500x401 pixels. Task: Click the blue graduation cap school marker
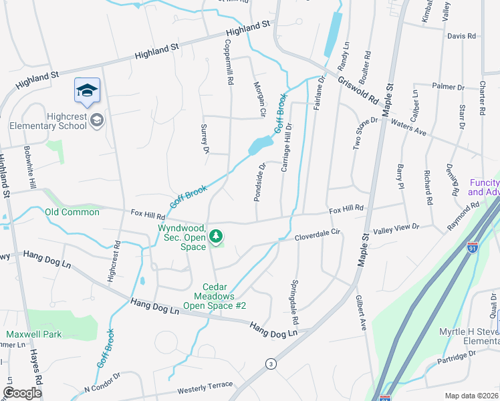[x=87, y=91]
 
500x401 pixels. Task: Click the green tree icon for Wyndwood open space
[x=215, y=236]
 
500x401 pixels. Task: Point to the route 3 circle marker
[x=270, y=364]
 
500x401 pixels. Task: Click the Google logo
[x=23, y=393]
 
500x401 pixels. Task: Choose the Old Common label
[x=72, y=212]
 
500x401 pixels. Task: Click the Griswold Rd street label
[x=358, y=92]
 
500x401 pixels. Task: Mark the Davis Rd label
[x=461, y=35]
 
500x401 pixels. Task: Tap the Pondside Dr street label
[x=261, y=182]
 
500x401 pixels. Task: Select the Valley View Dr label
[x=396, y=228]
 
